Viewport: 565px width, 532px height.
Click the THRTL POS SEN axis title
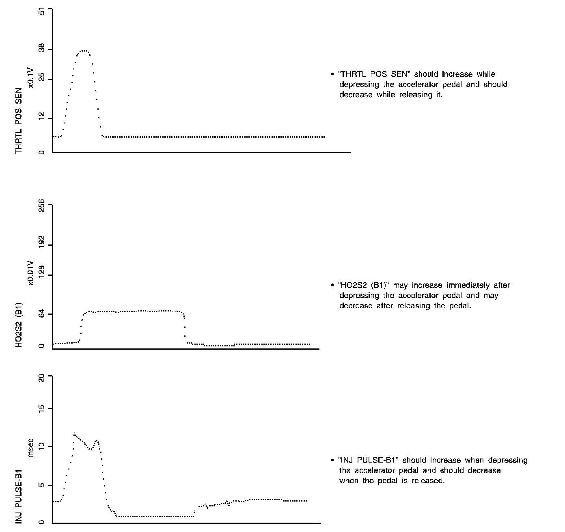(x=19, y=121)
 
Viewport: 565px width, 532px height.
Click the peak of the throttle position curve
(x=84, y=50)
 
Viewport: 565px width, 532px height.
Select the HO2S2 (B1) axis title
(x=19, y=325)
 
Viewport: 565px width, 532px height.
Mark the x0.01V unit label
(x=30, y=273)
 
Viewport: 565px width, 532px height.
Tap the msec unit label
(x=30, y=448)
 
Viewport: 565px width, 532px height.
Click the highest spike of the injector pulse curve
(x=75, y=434)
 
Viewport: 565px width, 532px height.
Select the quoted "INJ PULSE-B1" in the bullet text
(x=368, y=461)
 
